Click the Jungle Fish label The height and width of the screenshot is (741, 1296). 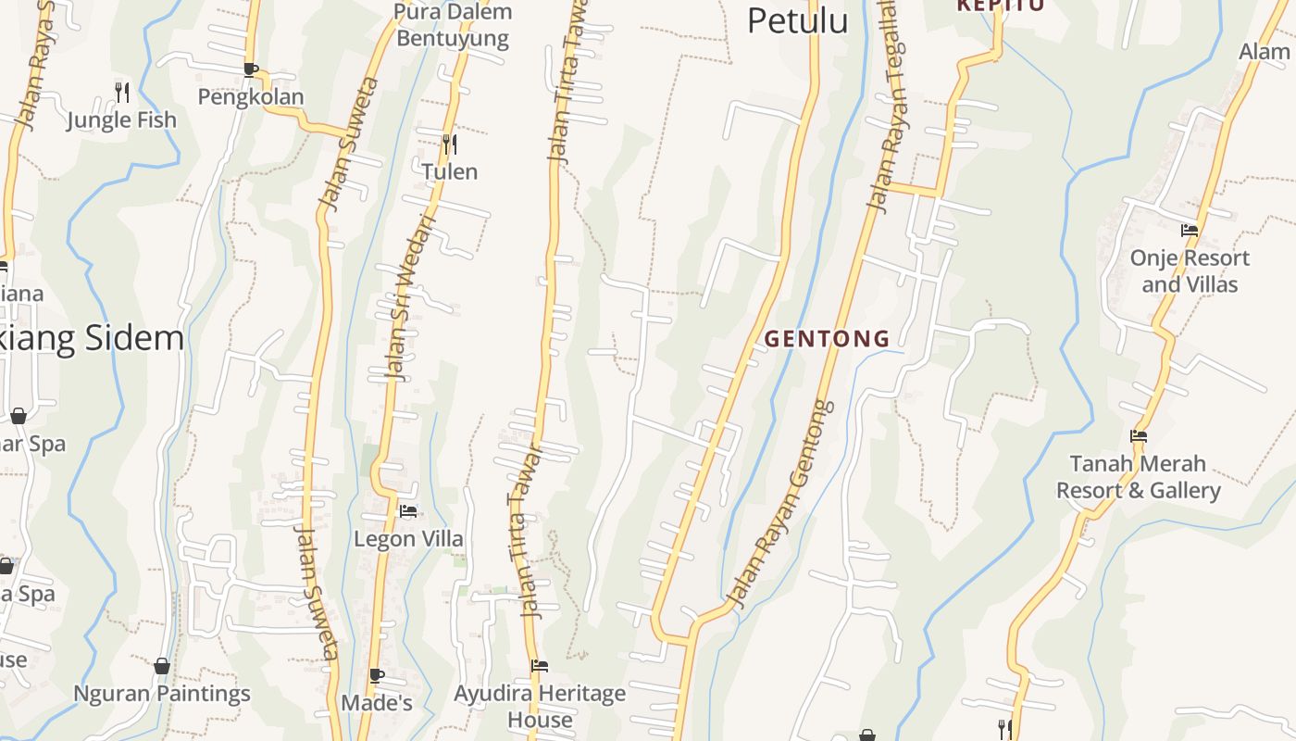121,119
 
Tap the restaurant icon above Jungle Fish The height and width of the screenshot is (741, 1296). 121,92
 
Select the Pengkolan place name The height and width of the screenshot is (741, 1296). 250,96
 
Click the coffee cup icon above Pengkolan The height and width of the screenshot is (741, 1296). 250,69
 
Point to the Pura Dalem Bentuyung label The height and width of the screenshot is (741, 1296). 453,25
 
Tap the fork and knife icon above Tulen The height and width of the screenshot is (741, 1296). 449,144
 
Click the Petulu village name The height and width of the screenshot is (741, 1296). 797,20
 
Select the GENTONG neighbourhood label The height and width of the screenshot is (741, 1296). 828,339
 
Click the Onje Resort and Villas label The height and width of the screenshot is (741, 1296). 1190,270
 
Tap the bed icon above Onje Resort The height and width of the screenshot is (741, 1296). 1190,231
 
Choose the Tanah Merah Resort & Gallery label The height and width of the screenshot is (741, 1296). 1139,477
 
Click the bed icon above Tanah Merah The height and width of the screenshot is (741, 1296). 1139,436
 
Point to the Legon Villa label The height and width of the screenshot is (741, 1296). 408,538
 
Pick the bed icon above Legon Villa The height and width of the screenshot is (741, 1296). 408,511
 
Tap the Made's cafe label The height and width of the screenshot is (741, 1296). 377,703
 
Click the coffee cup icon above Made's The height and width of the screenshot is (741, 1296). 377,675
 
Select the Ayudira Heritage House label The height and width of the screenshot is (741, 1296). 540,706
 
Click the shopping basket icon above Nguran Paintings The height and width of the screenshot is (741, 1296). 162,666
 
